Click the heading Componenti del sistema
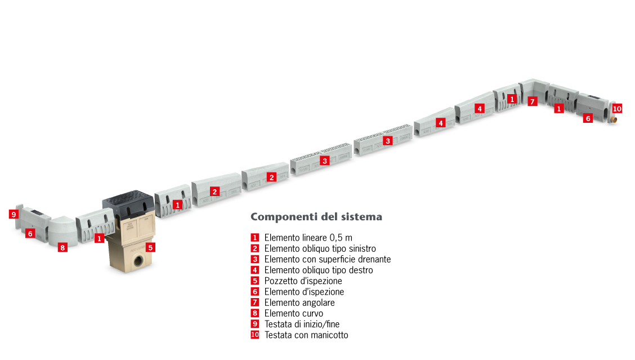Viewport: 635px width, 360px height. click(316, 217)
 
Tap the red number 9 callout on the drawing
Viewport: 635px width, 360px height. click(14, 214)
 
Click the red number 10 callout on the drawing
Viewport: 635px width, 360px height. click(617, 109)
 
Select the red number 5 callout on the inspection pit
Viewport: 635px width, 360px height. click(150, 247)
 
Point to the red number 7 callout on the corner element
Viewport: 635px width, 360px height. click(533, 101)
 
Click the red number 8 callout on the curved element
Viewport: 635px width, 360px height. click(62, 247)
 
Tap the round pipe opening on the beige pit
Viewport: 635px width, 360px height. click(138, 261)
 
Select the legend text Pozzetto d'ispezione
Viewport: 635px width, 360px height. click(303, 281)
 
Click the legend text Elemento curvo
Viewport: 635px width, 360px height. click(294, 313)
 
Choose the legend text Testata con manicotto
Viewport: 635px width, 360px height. click(306, 335)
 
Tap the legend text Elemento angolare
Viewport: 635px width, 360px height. click(299, 303)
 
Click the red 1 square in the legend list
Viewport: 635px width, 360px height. click(254, 238)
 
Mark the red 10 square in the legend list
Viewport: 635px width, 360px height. click(254, 335)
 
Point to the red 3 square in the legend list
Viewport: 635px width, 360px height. click(254, 259)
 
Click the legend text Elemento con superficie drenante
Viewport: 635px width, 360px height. click(327, 259)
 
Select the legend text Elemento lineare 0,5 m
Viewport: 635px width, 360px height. click(308, 238)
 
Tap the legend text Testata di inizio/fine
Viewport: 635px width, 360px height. click(302, 324)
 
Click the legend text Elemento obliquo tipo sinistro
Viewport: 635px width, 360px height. click(320, 248)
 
